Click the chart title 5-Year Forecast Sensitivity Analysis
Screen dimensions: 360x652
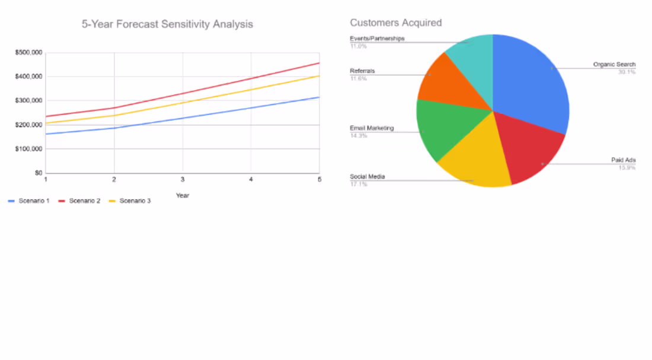167,24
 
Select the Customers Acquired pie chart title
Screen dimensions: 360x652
395,23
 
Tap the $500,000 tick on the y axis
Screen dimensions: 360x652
28,53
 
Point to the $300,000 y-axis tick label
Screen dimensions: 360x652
28,101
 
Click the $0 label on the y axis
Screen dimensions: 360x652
38,173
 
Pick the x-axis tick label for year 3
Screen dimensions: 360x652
183,179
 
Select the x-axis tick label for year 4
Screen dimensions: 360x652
251,179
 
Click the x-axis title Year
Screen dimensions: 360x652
183,195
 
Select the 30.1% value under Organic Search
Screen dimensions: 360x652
627,72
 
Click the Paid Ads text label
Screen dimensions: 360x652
624,160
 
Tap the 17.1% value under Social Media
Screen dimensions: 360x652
359,184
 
